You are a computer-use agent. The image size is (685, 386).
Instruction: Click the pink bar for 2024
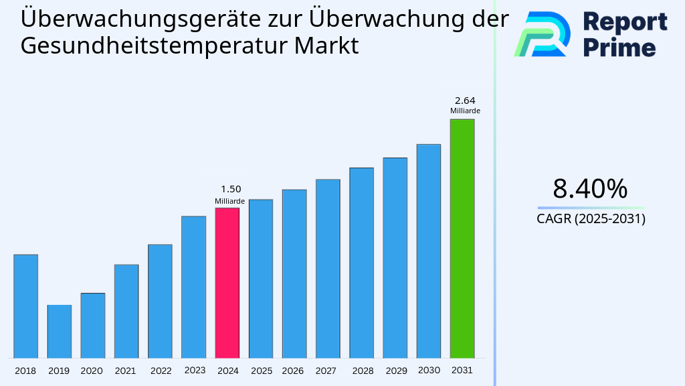(227, 283)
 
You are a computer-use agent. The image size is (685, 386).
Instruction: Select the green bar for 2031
(462, 239)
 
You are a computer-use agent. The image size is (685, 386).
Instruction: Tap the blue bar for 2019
(59, 331)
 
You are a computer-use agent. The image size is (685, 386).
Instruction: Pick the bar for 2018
(25, 306)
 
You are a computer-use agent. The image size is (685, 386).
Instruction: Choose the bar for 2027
(328, 268)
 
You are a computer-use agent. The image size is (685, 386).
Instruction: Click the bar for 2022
(160, 301)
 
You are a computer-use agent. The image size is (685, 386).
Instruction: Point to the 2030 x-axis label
(428, 371)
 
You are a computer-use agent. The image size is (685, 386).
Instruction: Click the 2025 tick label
(261, 371)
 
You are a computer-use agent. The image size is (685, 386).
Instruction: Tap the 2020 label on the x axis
(92, 371)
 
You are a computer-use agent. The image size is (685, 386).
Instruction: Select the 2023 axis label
(195, 371)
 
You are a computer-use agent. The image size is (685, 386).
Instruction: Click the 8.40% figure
(590, 189)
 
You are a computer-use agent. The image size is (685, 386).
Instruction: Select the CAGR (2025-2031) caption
(591, 219)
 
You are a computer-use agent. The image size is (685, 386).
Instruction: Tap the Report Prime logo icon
(542, 34)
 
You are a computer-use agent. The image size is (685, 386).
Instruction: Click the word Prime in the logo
(619, 48)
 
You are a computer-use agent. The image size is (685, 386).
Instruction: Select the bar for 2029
(395, 257)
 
